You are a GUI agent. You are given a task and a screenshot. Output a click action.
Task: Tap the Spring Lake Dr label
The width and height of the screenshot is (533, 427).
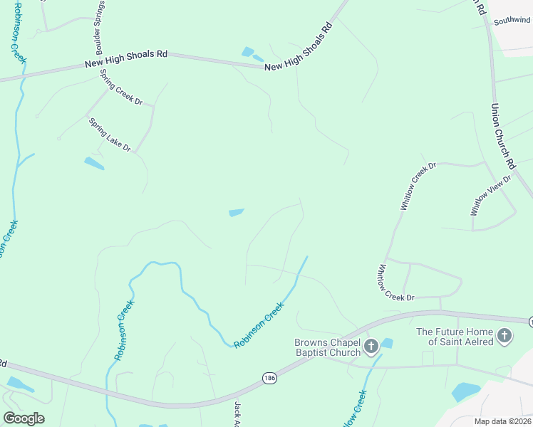click(x=110, y=135)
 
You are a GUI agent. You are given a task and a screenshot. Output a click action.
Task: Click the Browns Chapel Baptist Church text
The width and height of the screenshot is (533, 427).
click(x=328, y=347)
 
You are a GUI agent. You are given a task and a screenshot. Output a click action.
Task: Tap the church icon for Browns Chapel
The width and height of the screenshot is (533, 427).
click(x=371, y=347)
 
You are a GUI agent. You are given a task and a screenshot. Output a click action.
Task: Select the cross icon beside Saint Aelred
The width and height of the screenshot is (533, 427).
click(x=504, y=336)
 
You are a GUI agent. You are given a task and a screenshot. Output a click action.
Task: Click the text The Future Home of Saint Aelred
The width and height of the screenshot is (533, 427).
click(x=456, y=336)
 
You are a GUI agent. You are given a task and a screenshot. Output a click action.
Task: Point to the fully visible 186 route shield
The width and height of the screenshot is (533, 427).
click(x=269, y=377)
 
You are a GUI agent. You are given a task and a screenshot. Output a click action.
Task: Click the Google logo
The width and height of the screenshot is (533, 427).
click(x=24, y=418)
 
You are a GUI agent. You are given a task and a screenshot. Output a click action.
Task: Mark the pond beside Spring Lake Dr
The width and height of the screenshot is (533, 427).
click(x=94, y=164)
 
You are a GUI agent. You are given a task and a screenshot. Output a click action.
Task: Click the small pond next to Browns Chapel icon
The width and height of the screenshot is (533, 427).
click(x=387, y=343)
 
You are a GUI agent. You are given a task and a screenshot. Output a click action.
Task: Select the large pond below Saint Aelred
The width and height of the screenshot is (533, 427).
click(x=465, y=391)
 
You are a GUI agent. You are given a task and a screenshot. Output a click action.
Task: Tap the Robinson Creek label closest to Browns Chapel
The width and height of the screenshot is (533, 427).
click(x=259, y=325)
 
